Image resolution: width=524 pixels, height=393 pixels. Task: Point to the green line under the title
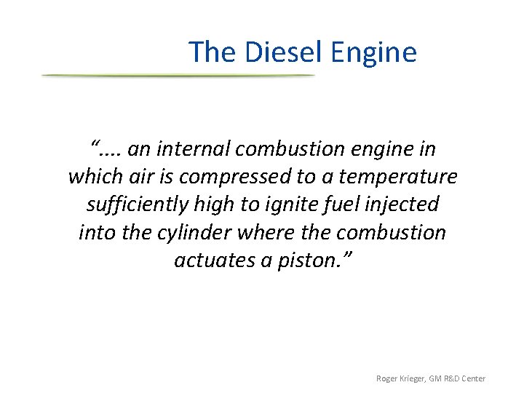click(178, 76)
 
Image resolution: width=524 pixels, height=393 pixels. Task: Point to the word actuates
click(215, 260)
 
